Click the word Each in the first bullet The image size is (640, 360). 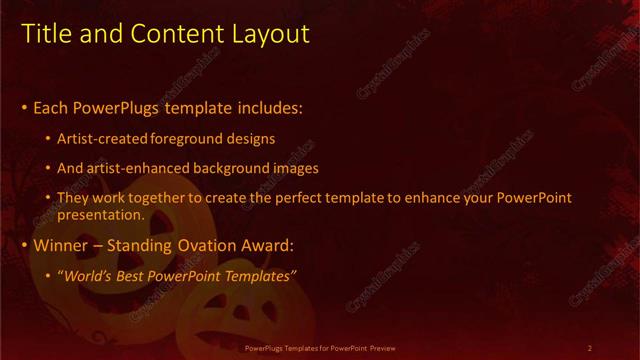click(x=52, y=107)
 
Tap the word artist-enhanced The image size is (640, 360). click(x=136, y=168)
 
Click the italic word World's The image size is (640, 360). click(x=91, y=275)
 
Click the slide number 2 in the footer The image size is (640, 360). click(x=590, y=348)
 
